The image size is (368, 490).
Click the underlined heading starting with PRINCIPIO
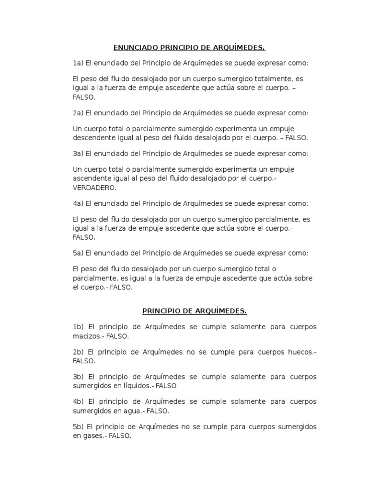(195, 312)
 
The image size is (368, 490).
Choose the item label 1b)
(78, 327)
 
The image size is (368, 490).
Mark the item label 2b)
(78, 352)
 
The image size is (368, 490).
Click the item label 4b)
(78, 401)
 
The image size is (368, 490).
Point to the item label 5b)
(78, 426)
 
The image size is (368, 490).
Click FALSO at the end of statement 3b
(167, 386)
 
